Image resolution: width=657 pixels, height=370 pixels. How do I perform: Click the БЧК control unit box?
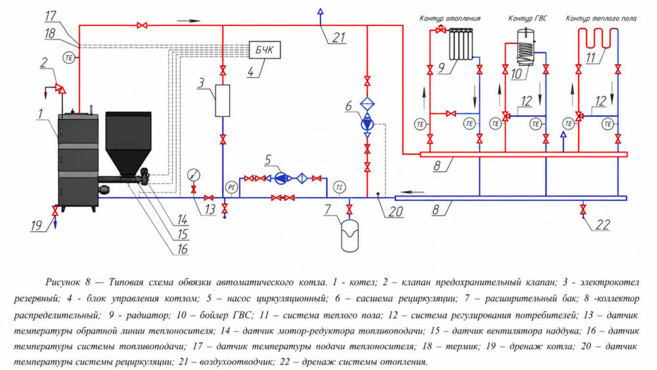(264, 51)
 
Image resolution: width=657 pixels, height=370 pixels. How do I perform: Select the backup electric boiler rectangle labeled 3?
(223, 101)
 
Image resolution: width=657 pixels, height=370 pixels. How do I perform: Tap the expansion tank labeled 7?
(350, 236)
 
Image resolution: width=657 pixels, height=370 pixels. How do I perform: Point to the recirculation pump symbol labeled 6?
(367, 124)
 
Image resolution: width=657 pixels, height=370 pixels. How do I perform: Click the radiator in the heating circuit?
(461, 44)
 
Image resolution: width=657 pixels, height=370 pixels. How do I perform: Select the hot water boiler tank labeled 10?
(526, 47)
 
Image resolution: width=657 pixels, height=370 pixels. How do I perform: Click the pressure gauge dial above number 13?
(194, 174)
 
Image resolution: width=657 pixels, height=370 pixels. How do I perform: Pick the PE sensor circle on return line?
(231, 187)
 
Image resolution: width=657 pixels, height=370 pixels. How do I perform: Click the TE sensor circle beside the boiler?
(69, 57)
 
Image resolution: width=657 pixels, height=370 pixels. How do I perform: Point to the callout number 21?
(338, 37)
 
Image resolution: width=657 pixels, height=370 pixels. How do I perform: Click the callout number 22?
(602, 225)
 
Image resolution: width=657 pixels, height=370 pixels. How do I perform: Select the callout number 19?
(36, 226)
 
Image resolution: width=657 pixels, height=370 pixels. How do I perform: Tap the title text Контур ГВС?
(527, 18)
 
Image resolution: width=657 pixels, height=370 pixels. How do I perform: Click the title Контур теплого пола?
(601, 18)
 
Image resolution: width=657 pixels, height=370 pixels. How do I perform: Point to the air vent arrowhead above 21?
(321, 11)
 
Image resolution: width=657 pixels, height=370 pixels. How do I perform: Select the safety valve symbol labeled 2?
(61, 89)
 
